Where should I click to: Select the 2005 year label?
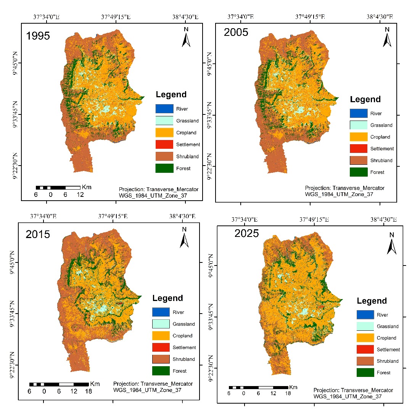pyautogui.click(x=236, y=32)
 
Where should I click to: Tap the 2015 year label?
pyautogui.click(x=38, y=234)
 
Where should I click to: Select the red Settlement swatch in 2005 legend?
pyautogui.click(x=358, y=148)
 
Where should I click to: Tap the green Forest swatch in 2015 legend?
pyautogui.click(x=161, y=370)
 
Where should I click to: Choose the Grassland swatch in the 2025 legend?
pyautogui.click(x=365, y=326)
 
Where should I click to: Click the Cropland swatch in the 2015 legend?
pyautogui.click(x=161, y=336)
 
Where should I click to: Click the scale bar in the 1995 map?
pyautogui.click(x=58, y=188)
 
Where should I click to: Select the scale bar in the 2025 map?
pyautogui.click(x=258, y=387)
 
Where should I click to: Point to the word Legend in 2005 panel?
pyautogui.click(x=365, y=100)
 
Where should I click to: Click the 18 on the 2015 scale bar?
pyautogui.click(x=88, y=391)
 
